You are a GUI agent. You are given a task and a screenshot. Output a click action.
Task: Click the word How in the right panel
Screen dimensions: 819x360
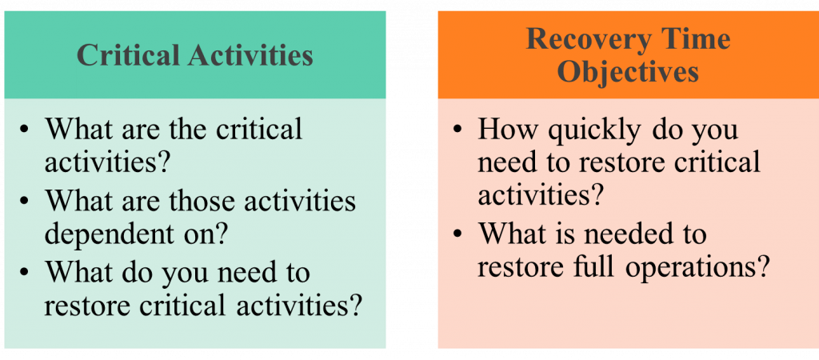(507, 129)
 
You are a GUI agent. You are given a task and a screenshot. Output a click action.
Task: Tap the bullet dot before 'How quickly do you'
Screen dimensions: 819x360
(458, 130)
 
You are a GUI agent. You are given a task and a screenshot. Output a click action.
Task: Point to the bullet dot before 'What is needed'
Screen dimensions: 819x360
(458, 234)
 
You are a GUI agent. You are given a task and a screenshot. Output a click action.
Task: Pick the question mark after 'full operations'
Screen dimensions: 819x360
(763, 266)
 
